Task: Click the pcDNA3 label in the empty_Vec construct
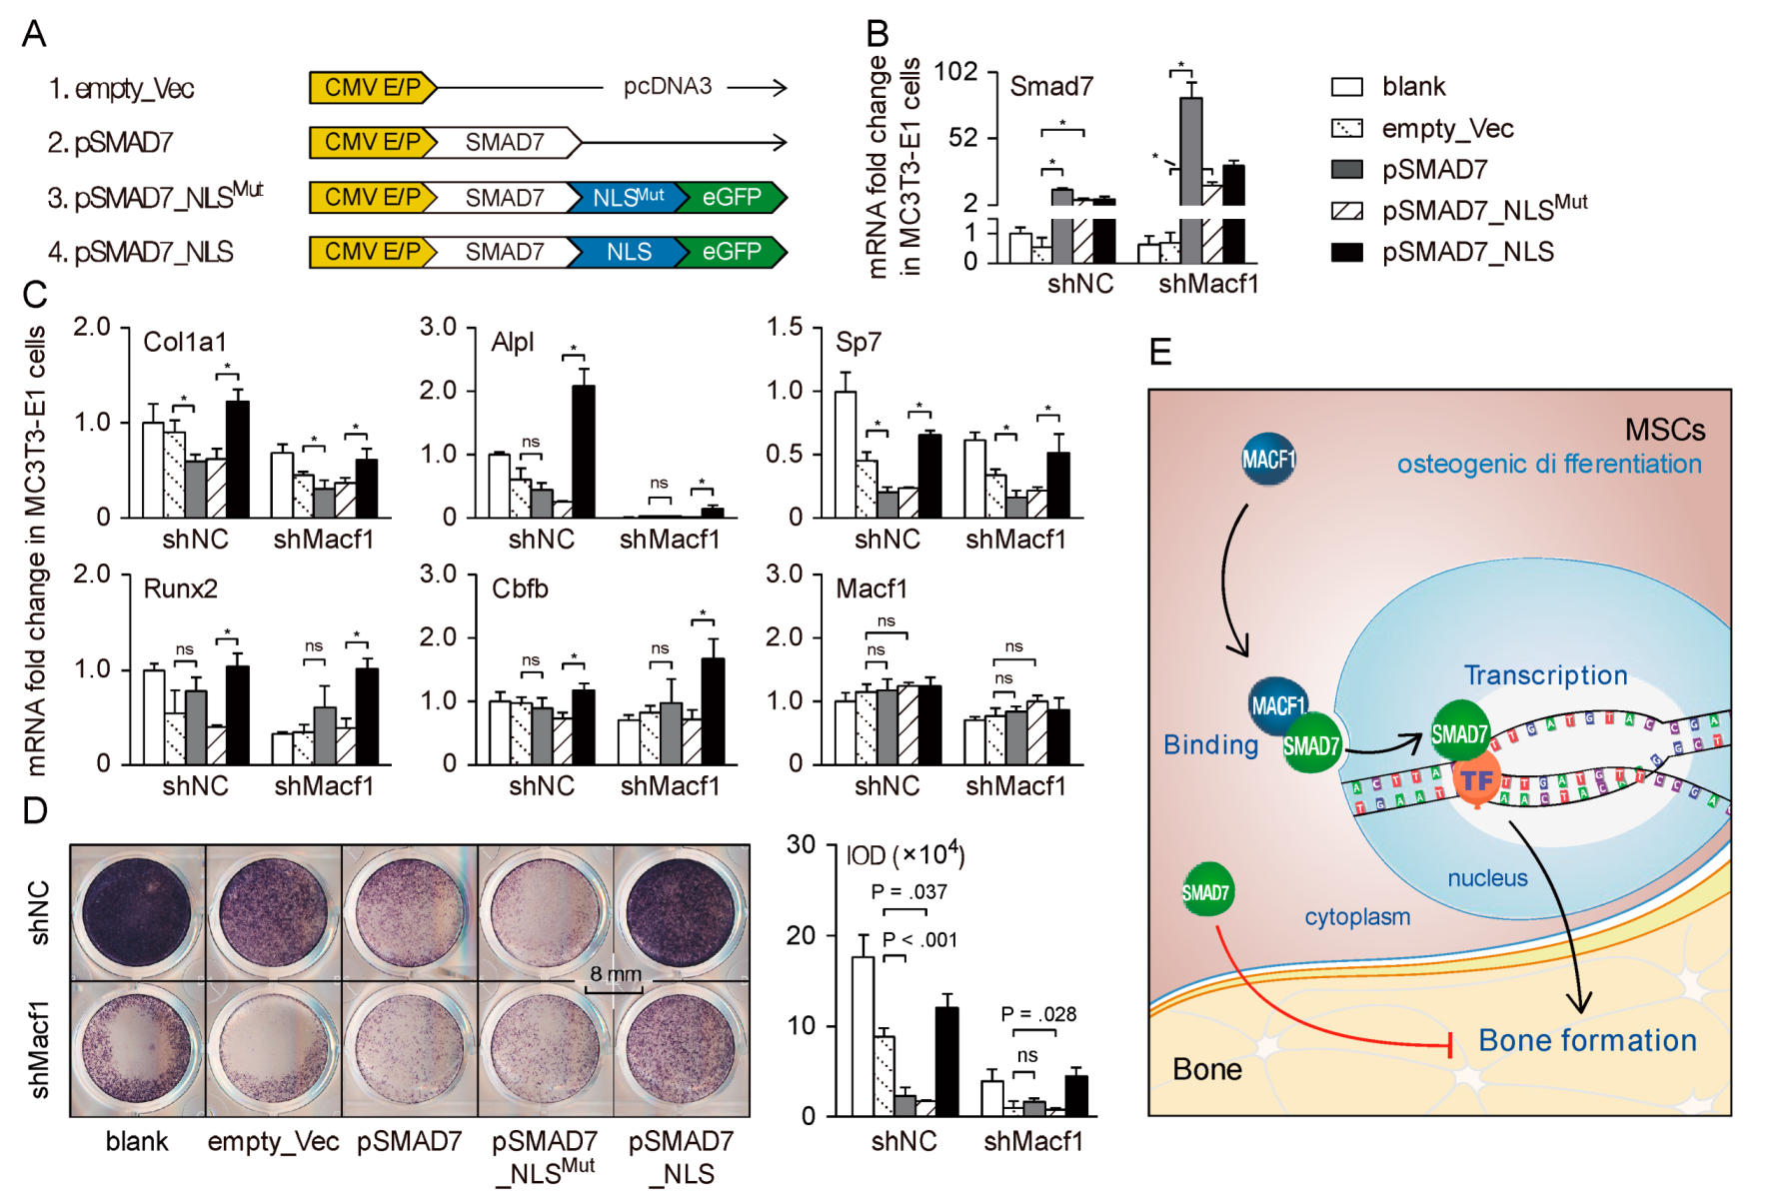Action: [x=667, y=87]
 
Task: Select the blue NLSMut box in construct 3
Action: [x=627, y=197]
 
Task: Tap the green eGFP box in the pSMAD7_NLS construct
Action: [x=732, y=252]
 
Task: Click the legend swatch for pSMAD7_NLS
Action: [x=1346, y=252]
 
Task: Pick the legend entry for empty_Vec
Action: [x=1447, y=129]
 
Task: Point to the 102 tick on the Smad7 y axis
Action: [x=955, y=72]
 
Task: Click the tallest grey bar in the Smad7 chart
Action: [x=1190, y=150]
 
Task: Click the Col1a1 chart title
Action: [x=185, y=342]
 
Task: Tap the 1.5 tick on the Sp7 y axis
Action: [x=785, y=328]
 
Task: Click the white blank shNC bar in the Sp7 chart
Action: [x=845, y=455]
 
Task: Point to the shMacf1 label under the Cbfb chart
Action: [x=670, y=786]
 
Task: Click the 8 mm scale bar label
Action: [x=616, y=973]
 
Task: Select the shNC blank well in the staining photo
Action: [x=138, y=912]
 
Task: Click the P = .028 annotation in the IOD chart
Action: [x=1038, y=1014]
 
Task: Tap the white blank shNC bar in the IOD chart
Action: [x=862, y=1036]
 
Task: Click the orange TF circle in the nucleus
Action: [x=1476, y=780]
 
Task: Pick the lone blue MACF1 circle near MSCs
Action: [x=1267, y=459]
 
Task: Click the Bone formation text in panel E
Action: [x=1587, y=1040]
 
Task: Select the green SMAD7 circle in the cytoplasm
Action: [x=1206, y=891]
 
